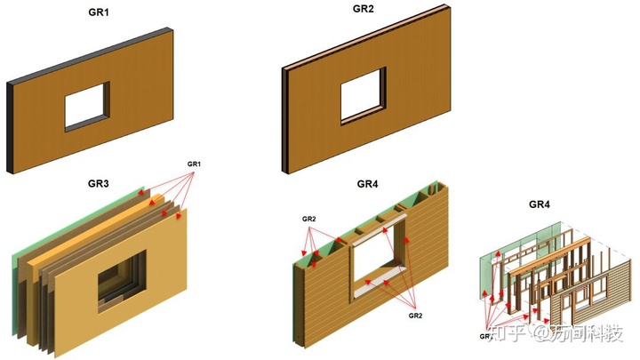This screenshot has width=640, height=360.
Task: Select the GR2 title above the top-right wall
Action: coord(363,9)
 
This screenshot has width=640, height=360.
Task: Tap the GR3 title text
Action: coord(98,184)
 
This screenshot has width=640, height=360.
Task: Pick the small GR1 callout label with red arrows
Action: coord(195,164)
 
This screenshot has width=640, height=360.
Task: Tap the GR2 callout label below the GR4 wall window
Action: coord(415,315)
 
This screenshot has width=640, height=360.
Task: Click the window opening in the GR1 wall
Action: coord(86,108)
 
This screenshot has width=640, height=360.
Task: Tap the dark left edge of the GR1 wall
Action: coord(11,128)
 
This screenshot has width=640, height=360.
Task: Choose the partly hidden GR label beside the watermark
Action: coord(486,337)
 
